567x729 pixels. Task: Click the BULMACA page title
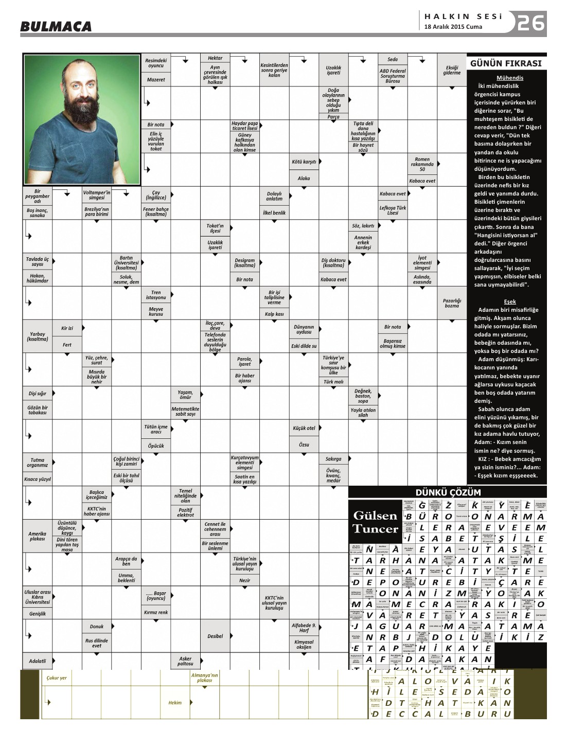(56, 26)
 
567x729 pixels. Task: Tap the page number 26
(531, 23)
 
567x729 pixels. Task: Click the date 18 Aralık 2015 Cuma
(453, 27)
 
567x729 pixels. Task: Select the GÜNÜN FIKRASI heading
(506, 64)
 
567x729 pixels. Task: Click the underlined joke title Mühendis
(510, 78)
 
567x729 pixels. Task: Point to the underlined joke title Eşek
(510, 301)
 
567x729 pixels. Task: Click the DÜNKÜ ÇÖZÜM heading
(448, 492)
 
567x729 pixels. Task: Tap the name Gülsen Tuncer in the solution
(376, 522)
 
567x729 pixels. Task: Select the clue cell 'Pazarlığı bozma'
(452, 303)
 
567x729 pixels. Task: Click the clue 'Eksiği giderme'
(452, 70)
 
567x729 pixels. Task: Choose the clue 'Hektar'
(215, 58)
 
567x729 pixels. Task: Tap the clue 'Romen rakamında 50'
(422, 165)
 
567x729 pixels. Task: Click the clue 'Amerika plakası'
(37, 537)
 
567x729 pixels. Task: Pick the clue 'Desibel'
(215, 636)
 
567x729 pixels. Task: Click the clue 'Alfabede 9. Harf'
(304, 628)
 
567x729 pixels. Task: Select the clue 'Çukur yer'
(57, 678)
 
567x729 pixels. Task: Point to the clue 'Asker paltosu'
(185, 661)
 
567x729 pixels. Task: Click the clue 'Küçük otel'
(304, 428)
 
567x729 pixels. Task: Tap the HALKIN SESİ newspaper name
(463, 16)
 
